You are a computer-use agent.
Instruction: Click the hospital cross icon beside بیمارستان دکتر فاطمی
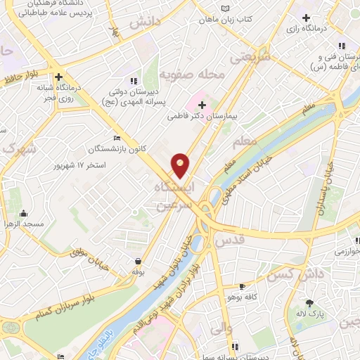click(202, 104)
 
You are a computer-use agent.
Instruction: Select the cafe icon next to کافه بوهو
click(243, 286)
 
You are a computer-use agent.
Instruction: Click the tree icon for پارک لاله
click(310, 303)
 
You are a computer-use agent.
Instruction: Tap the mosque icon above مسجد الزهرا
click(23, 214)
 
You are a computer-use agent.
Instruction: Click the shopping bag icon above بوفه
click(138, 260)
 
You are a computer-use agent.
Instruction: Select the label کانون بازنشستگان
click(117, 149)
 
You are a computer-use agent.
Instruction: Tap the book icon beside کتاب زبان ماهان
click(224, 8)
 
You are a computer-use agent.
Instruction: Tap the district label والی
click(221, 328)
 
